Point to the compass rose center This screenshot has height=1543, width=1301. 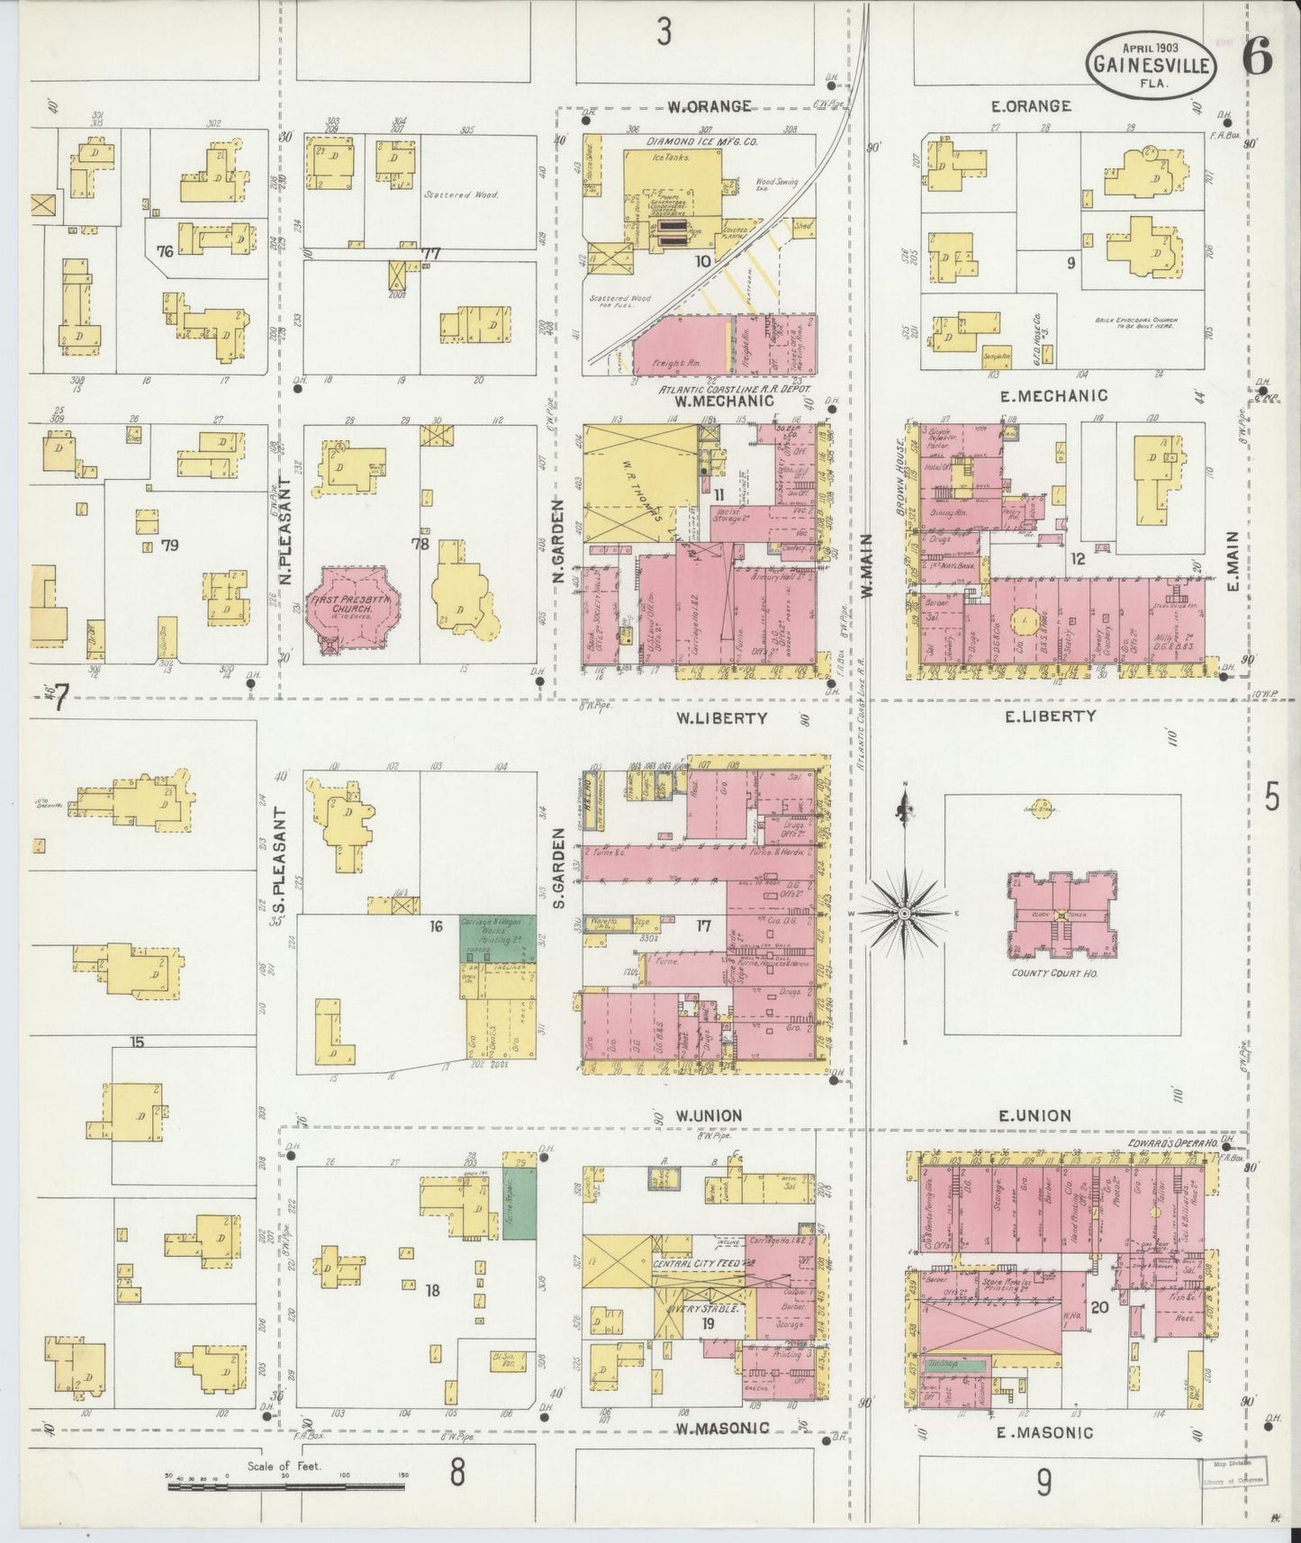click(x=904, y=915)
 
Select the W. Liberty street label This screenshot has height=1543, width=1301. click(x=721, y=718)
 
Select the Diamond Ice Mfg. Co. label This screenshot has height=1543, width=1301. click(x=702, y=142)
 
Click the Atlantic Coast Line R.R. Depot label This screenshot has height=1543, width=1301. click(x=735, y=389)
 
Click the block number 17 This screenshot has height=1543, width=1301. click(x=703, y=925)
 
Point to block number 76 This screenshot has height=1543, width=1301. click(x=164, y=251)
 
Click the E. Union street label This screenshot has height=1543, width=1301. click(x=1034, y=1116)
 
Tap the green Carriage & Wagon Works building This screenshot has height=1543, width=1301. click(x=497, y=938)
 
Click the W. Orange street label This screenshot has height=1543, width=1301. click(x=709, y=106)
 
